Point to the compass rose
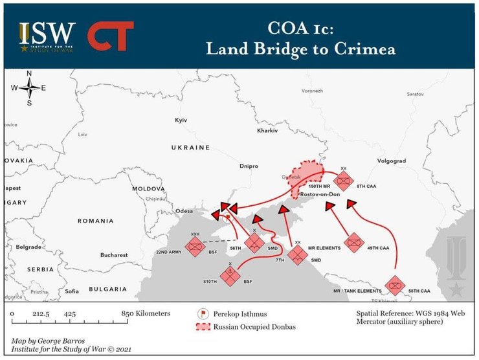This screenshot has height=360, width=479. tap(29, 89)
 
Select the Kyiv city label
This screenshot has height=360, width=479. tap(181, 121)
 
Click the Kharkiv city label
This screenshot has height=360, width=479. tap(267, 131)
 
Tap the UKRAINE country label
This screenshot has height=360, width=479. tap(190, 148)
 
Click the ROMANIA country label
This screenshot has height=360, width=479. tap(96, 221)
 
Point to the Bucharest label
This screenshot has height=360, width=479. tap(114, 255)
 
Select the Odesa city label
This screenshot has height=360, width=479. tap(185, 210)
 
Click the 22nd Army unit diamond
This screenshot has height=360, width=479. tap(195, 246)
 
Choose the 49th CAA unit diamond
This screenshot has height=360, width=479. tap(354, 243)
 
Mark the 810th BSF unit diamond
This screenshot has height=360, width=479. tap(230, 275)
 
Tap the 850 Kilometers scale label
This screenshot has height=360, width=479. tap(146, 313)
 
